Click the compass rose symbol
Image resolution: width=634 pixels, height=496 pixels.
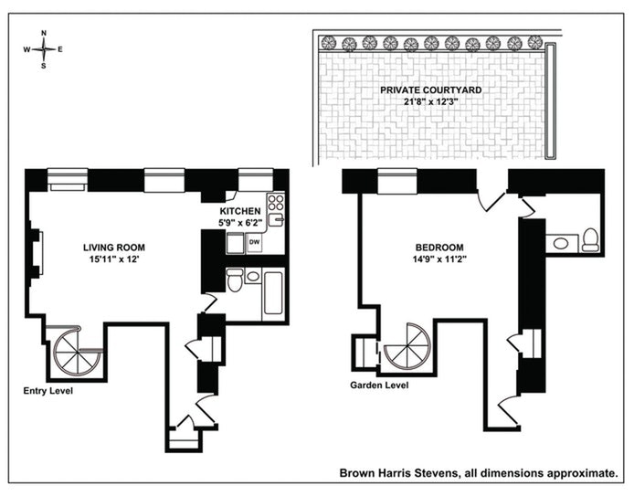(x=44, y=49)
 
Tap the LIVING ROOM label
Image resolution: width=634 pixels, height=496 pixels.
(x=114, y=248)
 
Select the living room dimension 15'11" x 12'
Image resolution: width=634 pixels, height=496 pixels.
(x=114, y=259)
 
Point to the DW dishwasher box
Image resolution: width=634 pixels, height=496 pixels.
(x=254, y=242)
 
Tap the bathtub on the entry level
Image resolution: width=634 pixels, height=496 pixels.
(x=274, y=292)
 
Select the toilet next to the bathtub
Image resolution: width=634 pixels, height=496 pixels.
(x=235, y=280)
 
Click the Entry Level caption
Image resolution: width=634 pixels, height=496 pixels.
(x=48, y=390)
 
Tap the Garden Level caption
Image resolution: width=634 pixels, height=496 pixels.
(x=379, y=385)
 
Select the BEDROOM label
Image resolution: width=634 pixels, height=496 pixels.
(x=439, y=248)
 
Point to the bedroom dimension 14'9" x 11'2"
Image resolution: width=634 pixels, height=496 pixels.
(x=439, y=259)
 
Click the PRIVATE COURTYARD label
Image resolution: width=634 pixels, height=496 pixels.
(x=430, y=90)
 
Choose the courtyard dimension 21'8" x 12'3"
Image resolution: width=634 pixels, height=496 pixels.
(x=430, y=102)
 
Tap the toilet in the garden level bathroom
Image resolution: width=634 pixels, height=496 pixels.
(x=589, y=239)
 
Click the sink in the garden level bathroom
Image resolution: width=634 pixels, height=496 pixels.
(x=558, y=242)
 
